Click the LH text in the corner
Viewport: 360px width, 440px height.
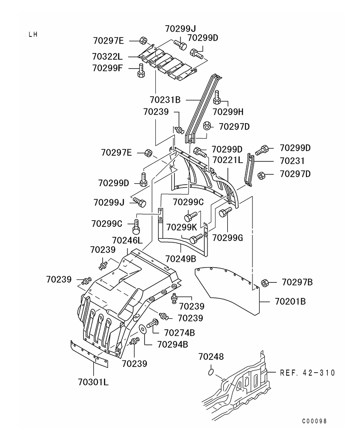coord(33,35)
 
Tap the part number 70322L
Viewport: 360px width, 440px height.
coord(108,57)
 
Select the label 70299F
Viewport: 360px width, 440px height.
coord(108,68)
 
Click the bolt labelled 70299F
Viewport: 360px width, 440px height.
coord(141,70)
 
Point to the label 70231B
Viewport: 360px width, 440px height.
coord(165,99)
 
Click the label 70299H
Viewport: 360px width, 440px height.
coord(228,112)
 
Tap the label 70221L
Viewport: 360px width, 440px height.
coord(227,160)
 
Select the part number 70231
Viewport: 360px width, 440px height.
coord(292,161)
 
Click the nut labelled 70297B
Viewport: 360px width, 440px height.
coord(264,283)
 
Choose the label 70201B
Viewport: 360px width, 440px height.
coord(290,301)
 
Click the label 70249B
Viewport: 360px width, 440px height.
coord(180,259)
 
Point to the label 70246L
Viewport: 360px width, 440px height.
coord(127,241)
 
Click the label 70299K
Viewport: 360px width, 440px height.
coord(181,227)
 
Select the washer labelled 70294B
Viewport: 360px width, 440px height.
coord(142,328)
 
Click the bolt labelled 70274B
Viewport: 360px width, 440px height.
coord(152,324)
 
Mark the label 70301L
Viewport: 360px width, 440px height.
coord(93,382)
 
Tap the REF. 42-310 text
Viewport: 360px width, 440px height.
coord(307,373)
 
